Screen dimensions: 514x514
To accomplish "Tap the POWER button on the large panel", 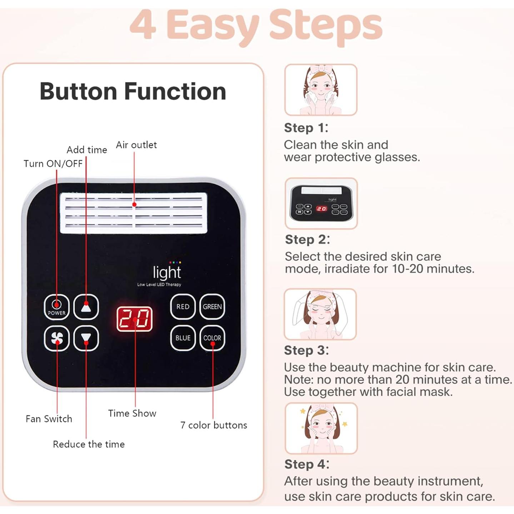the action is click(56, 307).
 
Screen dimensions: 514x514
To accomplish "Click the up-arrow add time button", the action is click(86, 307).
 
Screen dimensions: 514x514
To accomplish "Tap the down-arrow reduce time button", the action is click(86, 338).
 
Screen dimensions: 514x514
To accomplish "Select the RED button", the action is click(183, 307).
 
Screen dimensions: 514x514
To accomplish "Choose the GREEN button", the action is click(212, 307).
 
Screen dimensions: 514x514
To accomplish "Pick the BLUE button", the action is click(183, 338).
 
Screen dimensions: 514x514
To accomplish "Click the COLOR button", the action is click(212, 338).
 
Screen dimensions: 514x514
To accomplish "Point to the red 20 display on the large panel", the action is click(134, 319).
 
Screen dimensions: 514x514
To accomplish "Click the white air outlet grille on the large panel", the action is click(134, 213).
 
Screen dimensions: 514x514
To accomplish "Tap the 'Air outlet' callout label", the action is click(136, 145).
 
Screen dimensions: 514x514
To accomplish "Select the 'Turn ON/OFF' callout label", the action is click(53, 164).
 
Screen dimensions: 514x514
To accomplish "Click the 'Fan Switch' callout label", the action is click(49, 419).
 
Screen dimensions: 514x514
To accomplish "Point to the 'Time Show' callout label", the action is click(132, 413).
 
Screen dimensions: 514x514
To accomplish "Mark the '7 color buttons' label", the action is click(214, 425).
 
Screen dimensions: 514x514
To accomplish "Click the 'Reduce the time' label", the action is click(89, 444).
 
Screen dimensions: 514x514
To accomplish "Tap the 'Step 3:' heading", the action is click(306, 350).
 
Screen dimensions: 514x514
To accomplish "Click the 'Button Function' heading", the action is click(133, 91).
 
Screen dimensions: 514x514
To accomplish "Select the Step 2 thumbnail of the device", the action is click(321, 203).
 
